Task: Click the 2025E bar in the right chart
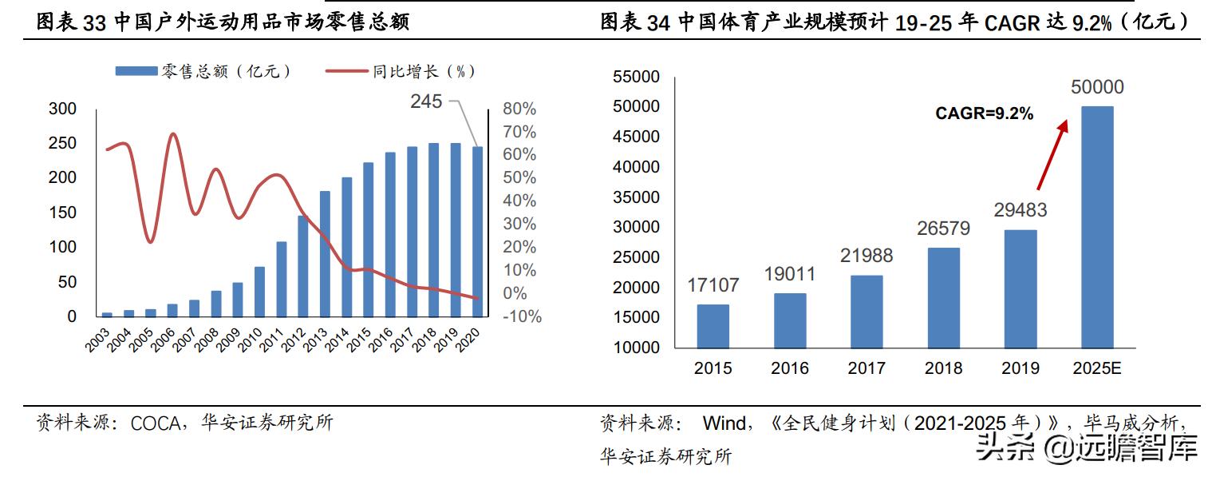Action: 1096,227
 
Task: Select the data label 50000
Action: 1097,88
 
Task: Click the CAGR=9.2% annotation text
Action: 984,114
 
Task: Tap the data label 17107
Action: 713,285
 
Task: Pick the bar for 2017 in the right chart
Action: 867,312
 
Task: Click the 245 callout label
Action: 426,101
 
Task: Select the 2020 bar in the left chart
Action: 476,232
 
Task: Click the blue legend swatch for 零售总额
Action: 136,71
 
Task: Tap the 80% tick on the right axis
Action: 519,109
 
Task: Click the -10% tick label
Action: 523,316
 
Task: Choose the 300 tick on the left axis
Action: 62,109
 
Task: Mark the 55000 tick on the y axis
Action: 636,77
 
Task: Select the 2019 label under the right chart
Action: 1020,368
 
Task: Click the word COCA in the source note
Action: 156,423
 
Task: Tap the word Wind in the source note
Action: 724,423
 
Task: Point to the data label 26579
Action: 943,229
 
